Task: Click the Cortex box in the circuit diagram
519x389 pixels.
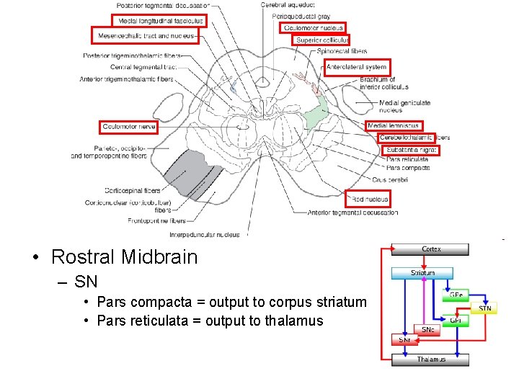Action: [431, 249]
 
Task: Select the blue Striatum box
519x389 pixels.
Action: [422, 273]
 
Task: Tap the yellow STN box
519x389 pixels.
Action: [485, 309]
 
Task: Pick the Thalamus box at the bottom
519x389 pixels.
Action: [431, 359]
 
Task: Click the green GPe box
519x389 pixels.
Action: [455, 295]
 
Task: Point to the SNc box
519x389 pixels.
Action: [427, 329]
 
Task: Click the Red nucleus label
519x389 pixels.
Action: [370, 199]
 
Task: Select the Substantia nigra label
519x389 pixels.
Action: [412, 150]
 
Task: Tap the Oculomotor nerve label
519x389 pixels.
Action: [129, 127]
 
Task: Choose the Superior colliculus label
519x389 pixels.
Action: [322, 40]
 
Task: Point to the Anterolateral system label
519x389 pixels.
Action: [357, 67]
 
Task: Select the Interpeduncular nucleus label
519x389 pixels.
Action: [204, 234]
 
